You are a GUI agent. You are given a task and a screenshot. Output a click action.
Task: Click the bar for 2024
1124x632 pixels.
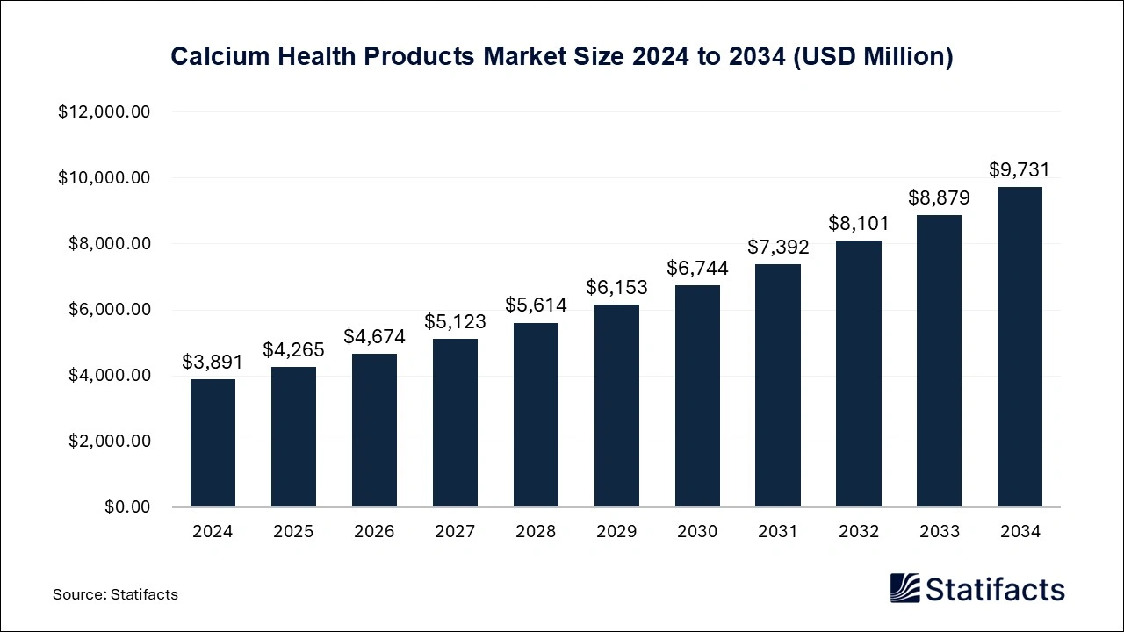pyautogui.click(x=213, y=443)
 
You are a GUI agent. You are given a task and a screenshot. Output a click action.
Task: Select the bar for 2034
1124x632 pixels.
pyautogui.click(x=1020, y=347)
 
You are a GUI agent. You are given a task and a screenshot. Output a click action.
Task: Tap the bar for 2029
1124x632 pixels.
pyautogui.click(x=616, y=406)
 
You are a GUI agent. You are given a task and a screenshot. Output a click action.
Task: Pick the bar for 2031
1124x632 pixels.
pyautogui.click(x=777, y=385)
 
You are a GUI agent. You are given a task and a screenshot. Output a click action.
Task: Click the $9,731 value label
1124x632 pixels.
pyautogui.click(x=1020, y=169)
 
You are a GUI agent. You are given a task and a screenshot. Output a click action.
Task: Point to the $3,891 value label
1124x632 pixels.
pyautogui.click(x=213, y=362)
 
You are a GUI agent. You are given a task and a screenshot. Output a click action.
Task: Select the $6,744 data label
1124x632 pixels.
pyautogui.click(x=697, y=268)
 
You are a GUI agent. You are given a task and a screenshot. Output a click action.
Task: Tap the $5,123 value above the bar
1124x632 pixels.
pyautogui.click(x=455, y=321)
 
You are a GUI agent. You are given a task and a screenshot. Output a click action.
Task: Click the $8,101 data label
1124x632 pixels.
pyautogui.click(x=858, y=223)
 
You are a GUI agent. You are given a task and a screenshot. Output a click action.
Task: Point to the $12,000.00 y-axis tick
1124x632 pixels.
pyautogui.click(x=104, y=112)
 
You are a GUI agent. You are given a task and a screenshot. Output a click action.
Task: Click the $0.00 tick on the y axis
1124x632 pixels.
pyautogui.click(x=127, y=507)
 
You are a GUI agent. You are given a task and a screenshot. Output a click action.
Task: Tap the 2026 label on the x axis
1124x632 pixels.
pyautogui.click(x=374, y=531)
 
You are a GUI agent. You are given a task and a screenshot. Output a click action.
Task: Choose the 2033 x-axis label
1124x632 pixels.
pyautogui.click(x=939, y=531)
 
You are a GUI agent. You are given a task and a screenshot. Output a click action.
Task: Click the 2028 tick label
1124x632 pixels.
pyautogui.click(x=536, y=531)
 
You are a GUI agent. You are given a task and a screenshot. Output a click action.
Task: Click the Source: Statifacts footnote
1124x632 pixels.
pyautogui.click(x=115, y=594)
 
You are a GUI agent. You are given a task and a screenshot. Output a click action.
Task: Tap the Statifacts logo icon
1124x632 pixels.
pyautogui.click(x=904, y=588)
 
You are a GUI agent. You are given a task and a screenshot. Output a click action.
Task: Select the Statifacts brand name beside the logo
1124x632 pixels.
pyautogui.click(x=995, y=589)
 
